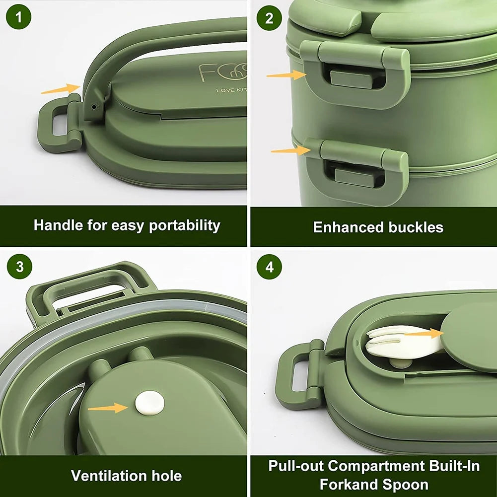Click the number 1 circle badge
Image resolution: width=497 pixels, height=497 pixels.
point(19,18)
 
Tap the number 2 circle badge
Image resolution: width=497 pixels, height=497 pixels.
point(269,18)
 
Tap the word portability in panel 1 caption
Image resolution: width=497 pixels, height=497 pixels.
point(185,226)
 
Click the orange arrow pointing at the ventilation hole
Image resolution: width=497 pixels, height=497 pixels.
point(108,408)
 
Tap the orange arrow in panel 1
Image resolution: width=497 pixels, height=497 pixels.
point(60,89)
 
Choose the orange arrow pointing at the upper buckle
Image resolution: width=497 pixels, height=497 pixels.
point(286,75)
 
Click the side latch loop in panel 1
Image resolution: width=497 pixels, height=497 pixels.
point(57,124)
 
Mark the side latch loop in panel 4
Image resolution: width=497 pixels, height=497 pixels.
point(296,373)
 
